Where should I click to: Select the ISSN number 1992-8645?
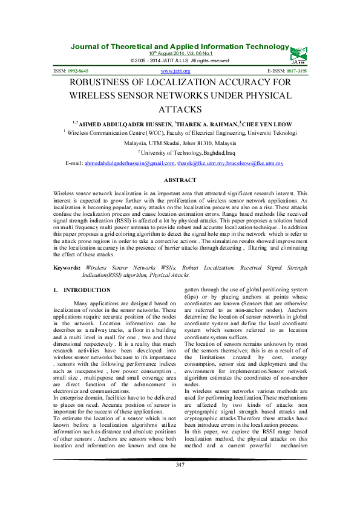81,71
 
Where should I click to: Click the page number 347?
180,481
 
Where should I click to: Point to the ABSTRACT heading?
180,180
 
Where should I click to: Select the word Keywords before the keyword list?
67,267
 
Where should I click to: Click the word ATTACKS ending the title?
180,109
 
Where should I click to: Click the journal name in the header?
180,47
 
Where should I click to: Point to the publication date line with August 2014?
180,54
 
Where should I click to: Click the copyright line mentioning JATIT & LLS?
180,61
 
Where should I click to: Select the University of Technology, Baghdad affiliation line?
181,154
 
